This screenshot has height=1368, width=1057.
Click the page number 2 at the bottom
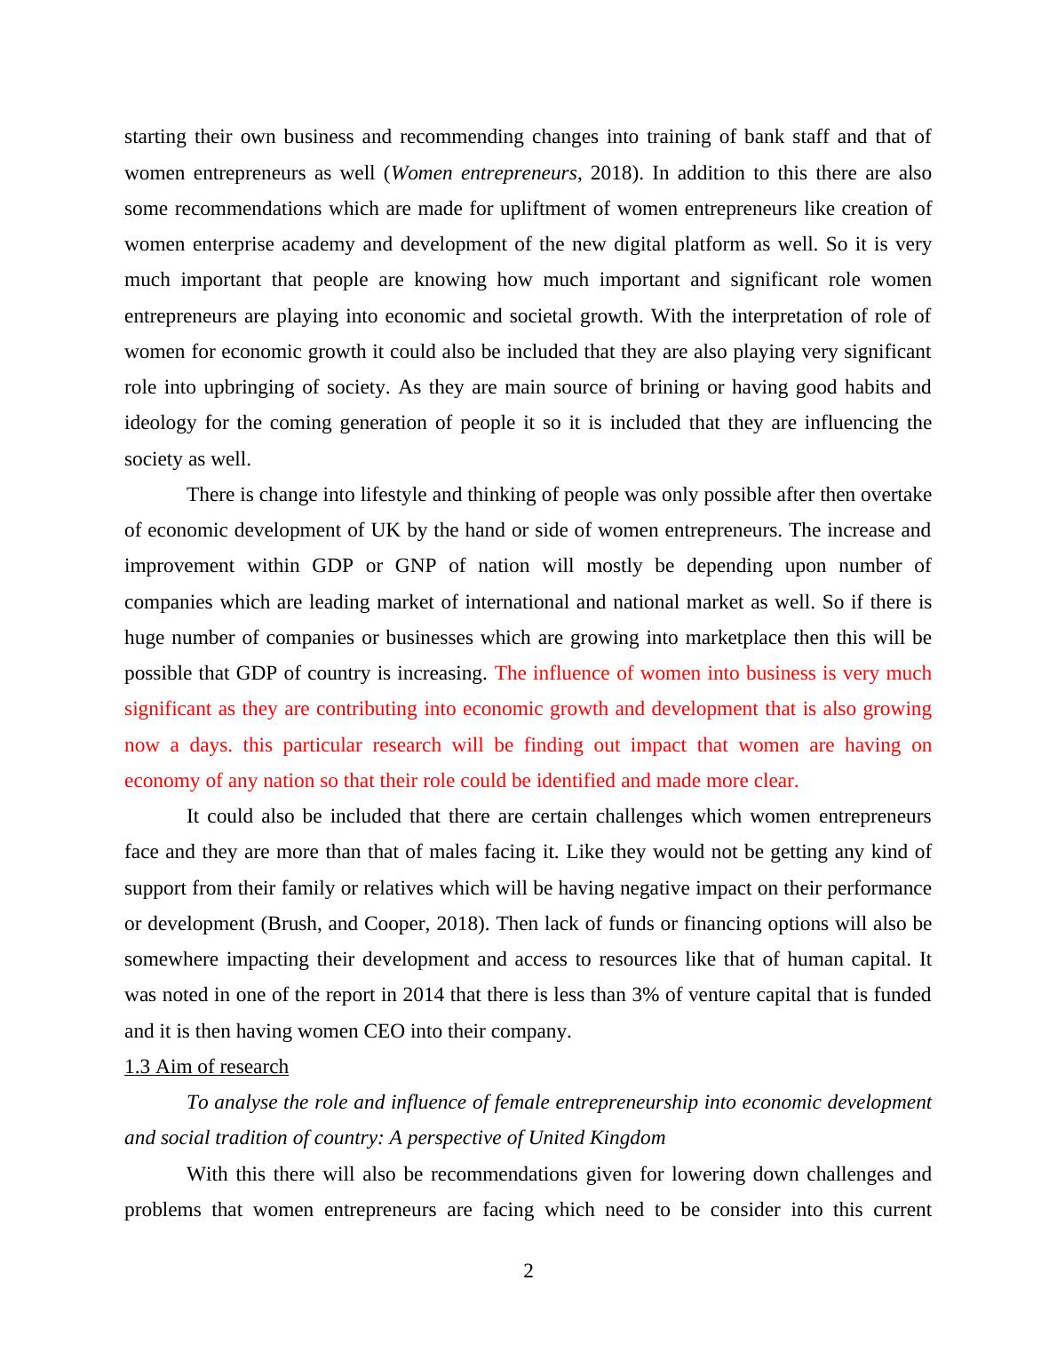coord(528,1271)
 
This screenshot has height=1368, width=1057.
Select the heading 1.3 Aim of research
coord(206,1066)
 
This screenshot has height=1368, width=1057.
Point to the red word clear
coord(772,781)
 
